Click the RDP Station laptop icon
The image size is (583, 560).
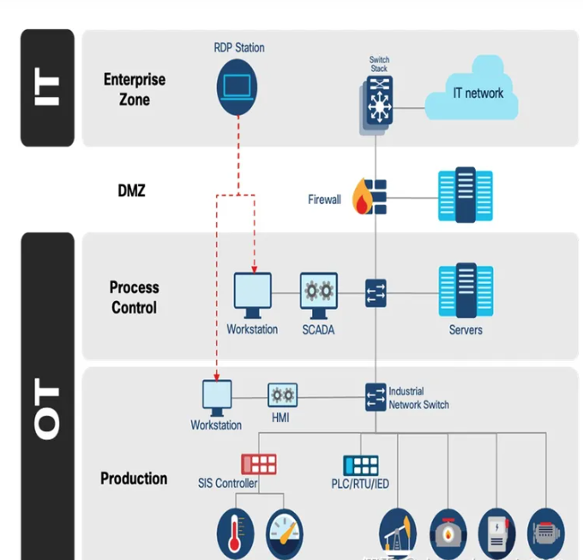[239, 86]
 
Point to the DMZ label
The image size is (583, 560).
[131, 190]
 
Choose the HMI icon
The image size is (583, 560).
[282, 396]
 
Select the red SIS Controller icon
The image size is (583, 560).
[258, 465]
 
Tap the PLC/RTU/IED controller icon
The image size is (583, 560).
[361, 466]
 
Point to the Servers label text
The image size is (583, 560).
[466, 330]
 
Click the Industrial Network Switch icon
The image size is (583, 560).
[375, 396]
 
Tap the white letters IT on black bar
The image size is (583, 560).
[47, 88]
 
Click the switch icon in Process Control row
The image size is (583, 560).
[376, 292]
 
